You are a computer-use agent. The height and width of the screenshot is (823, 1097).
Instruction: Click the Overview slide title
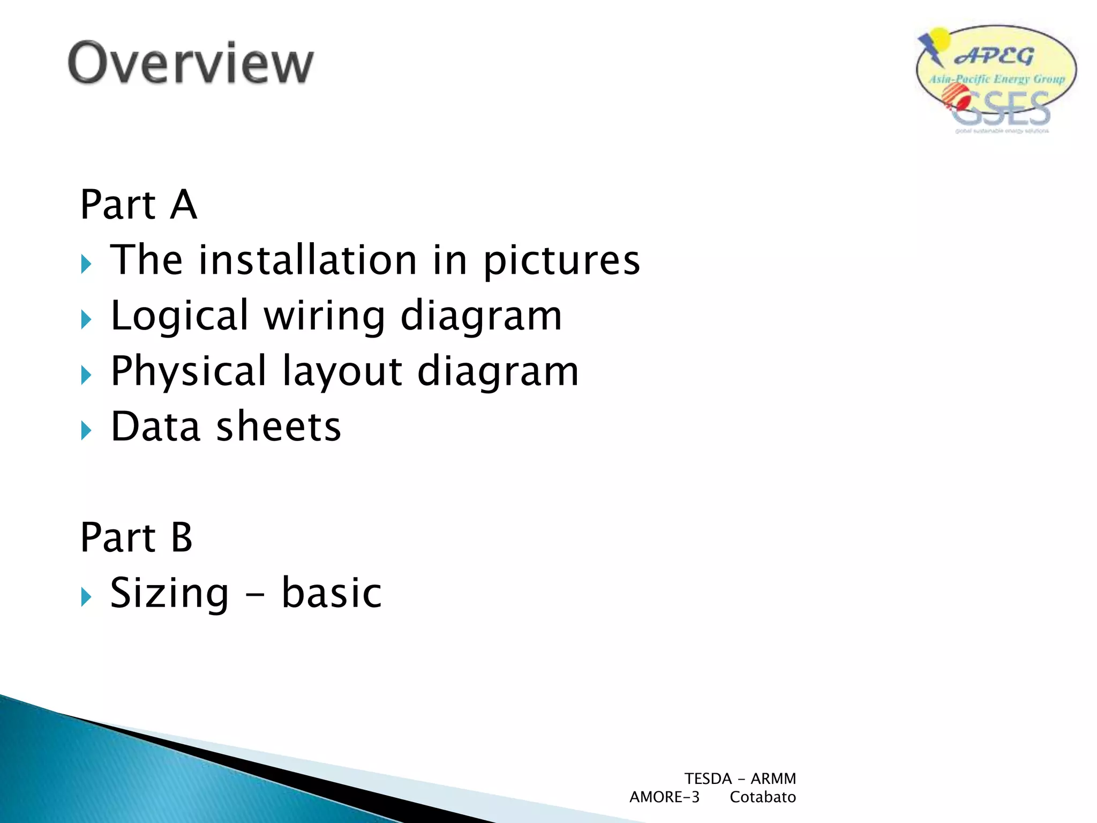point(191,63)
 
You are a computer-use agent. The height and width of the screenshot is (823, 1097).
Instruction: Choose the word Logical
point(179,316)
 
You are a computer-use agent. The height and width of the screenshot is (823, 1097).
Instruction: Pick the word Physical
point(189,371)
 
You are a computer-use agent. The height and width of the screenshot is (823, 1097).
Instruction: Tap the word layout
point(342,371)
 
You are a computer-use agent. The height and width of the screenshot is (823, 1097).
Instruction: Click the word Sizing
point(169,593)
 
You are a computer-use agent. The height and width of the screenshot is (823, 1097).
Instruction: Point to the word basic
point(332,593)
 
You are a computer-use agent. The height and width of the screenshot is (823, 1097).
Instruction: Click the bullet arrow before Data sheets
point(86,430)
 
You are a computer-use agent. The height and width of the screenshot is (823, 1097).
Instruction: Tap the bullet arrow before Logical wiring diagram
point(86,319)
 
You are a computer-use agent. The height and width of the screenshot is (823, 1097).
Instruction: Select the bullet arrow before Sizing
point(86,596)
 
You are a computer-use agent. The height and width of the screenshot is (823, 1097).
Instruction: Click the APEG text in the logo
point(994,56)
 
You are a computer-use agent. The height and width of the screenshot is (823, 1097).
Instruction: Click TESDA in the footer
point(708,779)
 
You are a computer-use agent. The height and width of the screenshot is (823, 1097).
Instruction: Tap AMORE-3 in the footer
point(664,797)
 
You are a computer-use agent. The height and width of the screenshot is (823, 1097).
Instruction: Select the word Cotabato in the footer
point(763,797)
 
